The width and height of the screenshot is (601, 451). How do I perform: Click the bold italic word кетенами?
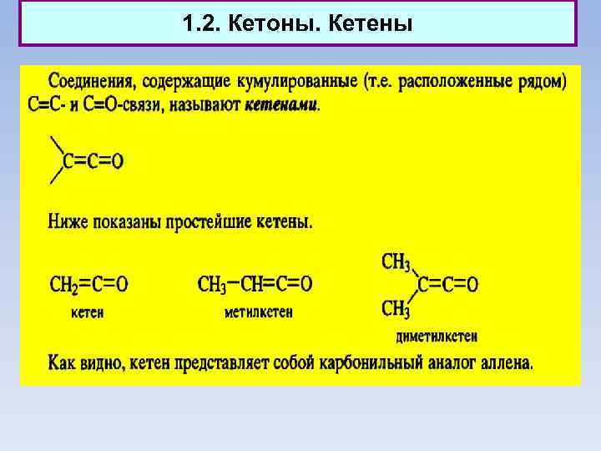point(281,106)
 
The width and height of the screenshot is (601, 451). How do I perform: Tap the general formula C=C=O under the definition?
point(93,161)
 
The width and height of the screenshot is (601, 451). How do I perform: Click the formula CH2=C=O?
point(88,285)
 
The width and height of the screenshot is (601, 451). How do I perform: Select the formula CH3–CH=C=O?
point(255,285)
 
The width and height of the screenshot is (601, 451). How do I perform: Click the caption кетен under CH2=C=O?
point(86,313)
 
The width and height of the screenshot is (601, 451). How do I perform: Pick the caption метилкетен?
point(259,313)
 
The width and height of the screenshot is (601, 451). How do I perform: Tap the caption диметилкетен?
point(436,337)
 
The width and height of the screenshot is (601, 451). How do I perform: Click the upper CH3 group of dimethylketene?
point(396,262)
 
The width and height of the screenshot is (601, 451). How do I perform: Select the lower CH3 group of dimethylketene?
point(396,309)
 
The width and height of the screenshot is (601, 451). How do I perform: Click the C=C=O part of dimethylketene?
point(447,286)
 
